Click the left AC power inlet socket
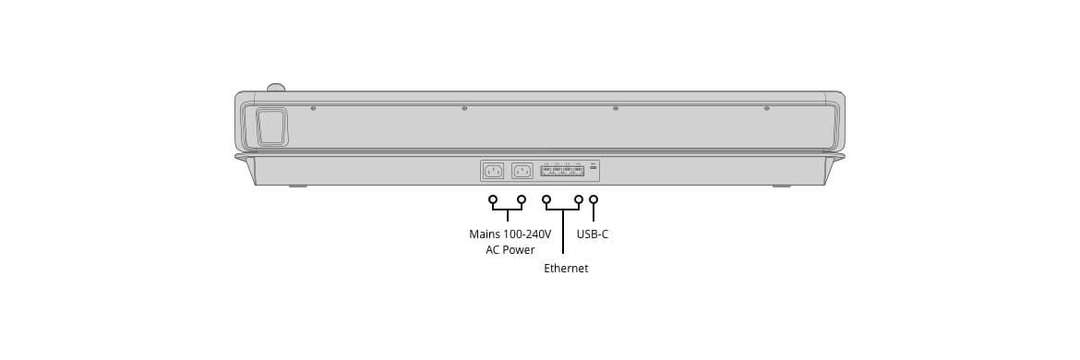(493, 171)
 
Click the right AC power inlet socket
(522, 171)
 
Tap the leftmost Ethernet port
(546, 170)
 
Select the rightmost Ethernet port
(579, 170)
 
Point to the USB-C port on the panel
(594, 168)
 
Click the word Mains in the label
(485, 234)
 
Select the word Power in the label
(519, 250)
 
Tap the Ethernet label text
(566, 269)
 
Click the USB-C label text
(593, 234)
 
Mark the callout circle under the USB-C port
(594, 199)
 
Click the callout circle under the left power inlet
(493, 199)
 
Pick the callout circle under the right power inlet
(522, 199)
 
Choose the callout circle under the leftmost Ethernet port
(546, 199)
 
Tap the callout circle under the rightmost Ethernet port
(579, 199)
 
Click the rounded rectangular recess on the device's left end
(272, 127)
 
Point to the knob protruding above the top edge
(275, 88)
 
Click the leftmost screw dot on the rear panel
(314, 108)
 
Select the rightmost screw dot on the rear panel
(766, 108)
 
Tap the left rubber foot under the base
(297, 186)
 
